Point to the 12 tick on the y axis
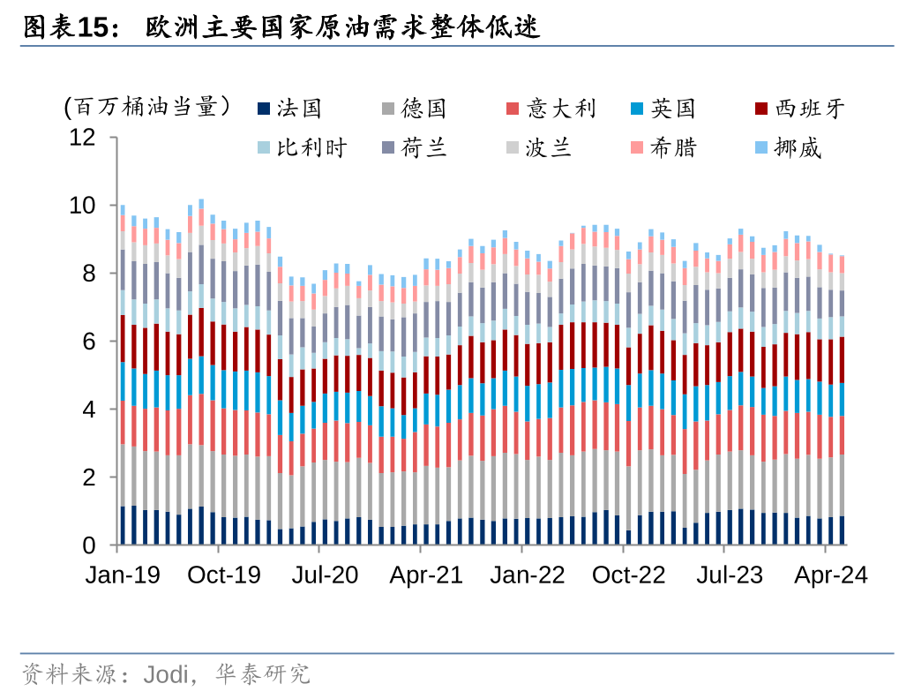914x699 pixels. [83, 138]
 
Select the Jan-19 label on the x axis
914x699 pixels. [123, 575]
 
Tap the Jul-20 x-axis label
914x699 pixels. [326, 575]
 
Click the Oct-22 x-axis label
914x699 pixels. [629, 575]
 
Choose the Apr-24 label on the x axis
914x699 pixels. [830, 575]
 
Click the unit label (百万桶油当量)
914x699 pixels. [147, 109]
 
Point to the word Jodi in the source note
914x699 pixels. [167, 676]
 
